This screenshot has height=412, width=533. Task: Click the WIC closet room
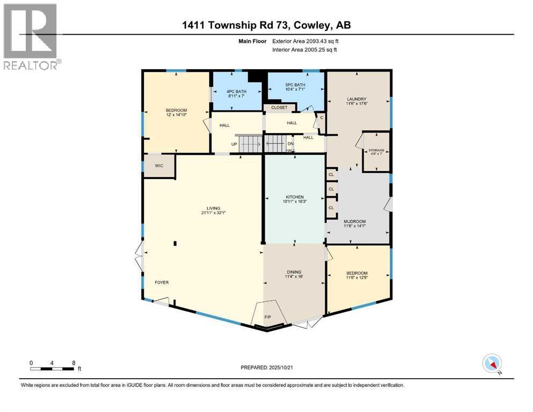(x=159, y=166)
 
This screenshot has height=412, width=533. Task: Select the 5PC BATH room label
(x=295, y=85)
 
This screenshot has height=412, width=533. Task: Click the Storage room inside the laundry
(x=376, y=152)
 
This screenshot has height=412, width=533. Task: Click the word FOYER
(x=162, y=282)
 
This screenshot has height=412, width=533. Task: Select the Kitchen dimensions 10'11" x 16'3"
(x=295, y=202)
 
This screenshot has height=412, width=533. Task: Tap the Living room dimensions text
(x=203, y=213)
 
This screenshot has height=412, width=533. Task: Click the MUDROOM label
(x=354, y=222)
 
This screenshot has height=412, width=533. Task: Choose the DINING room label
(x=294, y=273)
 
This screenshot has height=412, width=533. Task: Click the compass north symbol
(x=492, y=363)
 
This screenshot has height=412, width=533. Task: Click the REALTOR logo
(x=31, y=36)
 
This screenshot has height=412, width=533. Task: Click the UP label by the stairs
(x=234, y=144)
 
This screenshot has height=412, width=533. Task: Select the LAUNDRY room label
(x=356, y=99)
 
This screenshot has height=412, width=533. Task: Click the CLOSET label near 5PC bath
(x=279, y=107)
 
